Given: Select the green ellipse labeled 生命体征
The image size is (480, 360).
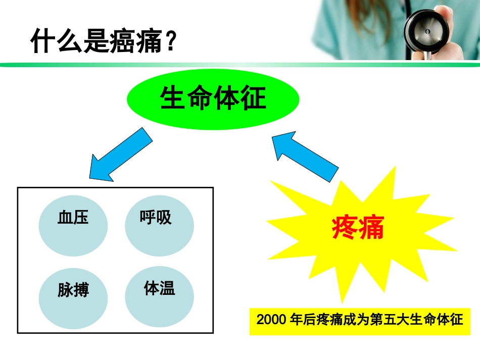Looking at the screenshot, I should click(213, 98).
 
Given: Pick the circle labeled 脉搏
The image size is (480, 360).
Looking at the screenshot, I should click(73, 298).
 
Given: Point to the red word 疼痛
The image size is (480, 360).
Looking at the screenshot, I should click(358, 228).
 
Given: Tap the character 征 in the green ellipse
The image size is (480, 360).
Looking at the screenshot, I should click(253, 98).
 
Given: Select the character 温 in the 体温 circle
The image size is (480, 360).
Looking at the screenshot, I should click(167, 289).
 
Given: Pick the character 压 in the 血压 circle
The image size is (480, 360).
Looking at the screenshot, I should click(81, 218).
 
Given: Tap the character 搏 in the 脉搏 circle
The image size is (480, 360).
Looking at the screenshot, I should click(81, 291).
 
